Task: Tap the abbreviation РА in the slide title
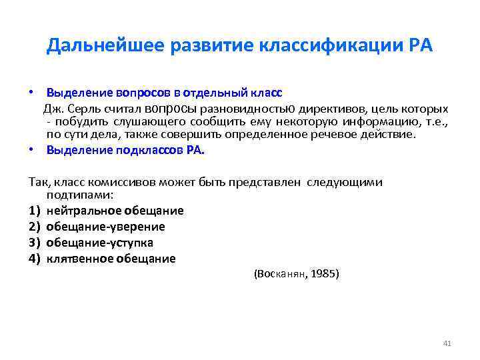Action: pyautogui.click(x=419, y=46)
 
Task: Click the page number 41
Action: pyautogui.click(x=447, y=343)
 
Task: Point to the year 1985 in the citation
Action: pyautogui.click(x=325, y=273)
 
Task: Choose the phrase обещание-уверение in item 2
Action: pyautogui.click(x=105, y=227)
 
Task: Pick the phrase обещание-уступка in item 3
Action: pyautogui.click(x=100, y=243)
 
